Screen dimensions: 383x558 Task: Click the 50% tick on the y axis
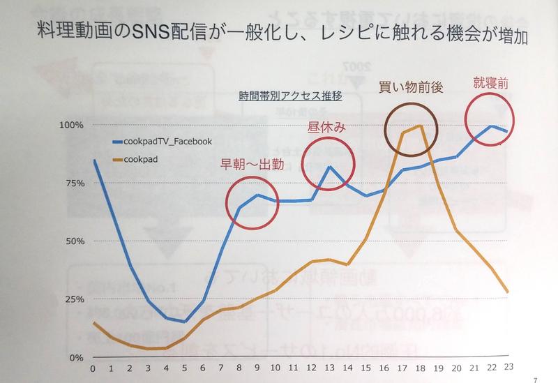coord(75,241)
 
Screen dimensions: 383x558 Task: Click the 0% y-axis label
coord(77,357)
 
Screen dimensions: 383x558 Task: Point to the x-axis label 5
coord(183,368)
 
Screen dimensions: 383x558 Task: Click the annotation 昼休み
coord(326,128)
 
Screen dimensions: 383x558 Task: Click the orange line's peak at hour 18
coord(418,126)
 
